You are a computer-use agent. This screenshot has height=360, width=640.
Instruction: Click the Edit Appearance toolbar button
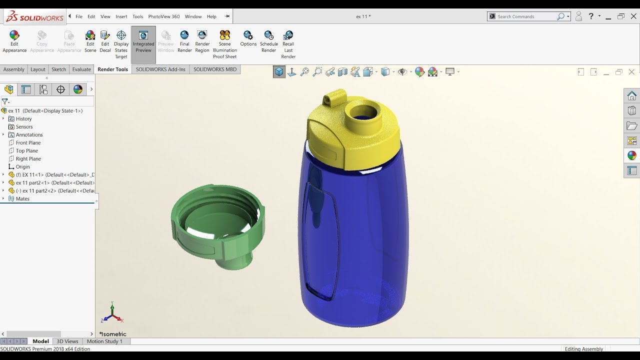coord(14,40)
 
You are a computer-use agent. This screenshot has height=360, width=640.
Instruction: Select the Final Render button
coord(184,40)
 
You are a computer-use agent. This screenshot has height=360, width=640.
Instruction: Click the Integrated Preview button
coord(143,40)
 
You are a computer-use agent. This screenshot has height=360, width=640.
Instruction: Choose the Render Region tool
coord(202,40)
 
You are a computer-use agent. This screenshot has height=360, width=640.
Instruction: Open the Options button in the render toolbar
coord(248,38)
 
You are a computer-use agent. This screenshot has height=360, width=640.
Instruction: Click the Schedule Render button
coord(268,40)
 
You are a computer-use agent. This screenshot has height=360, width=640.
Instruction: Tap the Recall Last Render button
coord(288,43)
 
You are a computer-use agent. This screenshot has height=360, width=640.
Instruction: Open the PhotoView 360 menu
coord(163,16)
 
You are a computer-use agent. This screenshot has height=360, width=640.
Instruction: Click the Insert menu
coord(121,16)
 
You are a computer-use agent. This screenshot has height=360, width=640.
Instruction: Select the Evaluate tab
coord(81,69)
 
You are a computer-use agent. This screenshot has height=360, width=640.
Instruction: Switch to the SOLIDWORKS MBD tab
coord(215,69)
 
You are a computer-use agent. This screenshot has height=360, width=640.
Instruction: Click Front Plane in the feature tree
coord(28,142)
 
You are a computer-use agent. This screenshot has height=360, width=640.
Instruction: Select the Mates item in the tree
coord(22,198)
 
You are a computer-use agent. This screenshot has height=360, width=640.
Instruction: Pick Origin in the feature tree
coord(22,166)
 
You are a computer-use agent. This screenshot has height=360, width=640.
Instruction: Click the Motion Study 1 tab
coord(104,341)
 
